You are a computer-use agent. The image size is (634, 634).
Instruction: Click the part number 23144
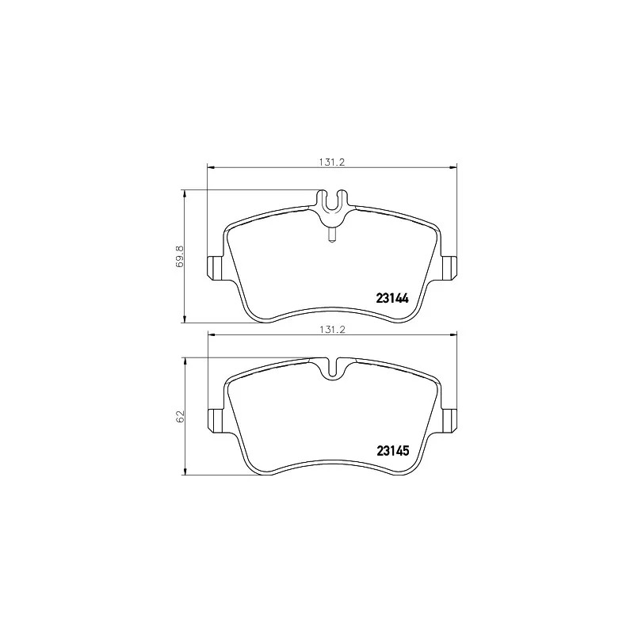click(x=391, y=299)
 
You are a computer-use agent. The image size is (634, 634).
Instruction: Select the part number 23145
click(x=391, y=451)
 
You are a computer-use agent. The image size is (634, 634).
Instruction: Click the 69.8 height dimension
click(x=180, y=256)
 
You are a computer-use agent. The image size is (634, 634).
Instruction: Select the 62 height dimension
click(x=180, y=416)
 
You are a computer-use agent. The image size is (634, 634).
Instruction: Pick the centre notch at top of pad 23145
click(x=333, y=368)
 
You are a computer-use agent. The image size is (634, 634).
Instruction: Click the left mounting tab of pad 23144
click(x=214, y=268)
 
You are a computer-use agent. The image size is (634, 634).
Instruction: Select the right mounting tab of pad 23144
click(x=450, y=268)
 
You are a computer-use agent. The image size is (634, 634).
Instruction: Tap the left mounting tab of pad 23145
click(x=214, y=419)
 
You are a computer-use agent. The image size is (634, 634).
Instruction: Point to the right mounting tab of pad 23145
click(x=450, y=419)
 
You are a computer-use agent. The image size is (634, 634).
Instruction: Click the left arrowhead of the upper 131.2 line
click(x=210, y=166)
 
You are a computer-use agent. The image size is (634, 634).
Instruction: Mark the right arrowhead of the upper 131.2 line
click(x=455, y=166)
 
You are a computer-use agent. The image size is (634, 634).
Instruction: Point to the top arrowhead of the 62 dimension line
click(x=185, y=359)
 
